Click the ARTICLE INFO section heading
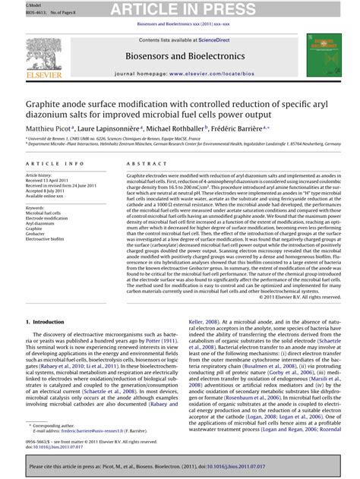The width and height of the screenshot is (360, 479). pos(55,163)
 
